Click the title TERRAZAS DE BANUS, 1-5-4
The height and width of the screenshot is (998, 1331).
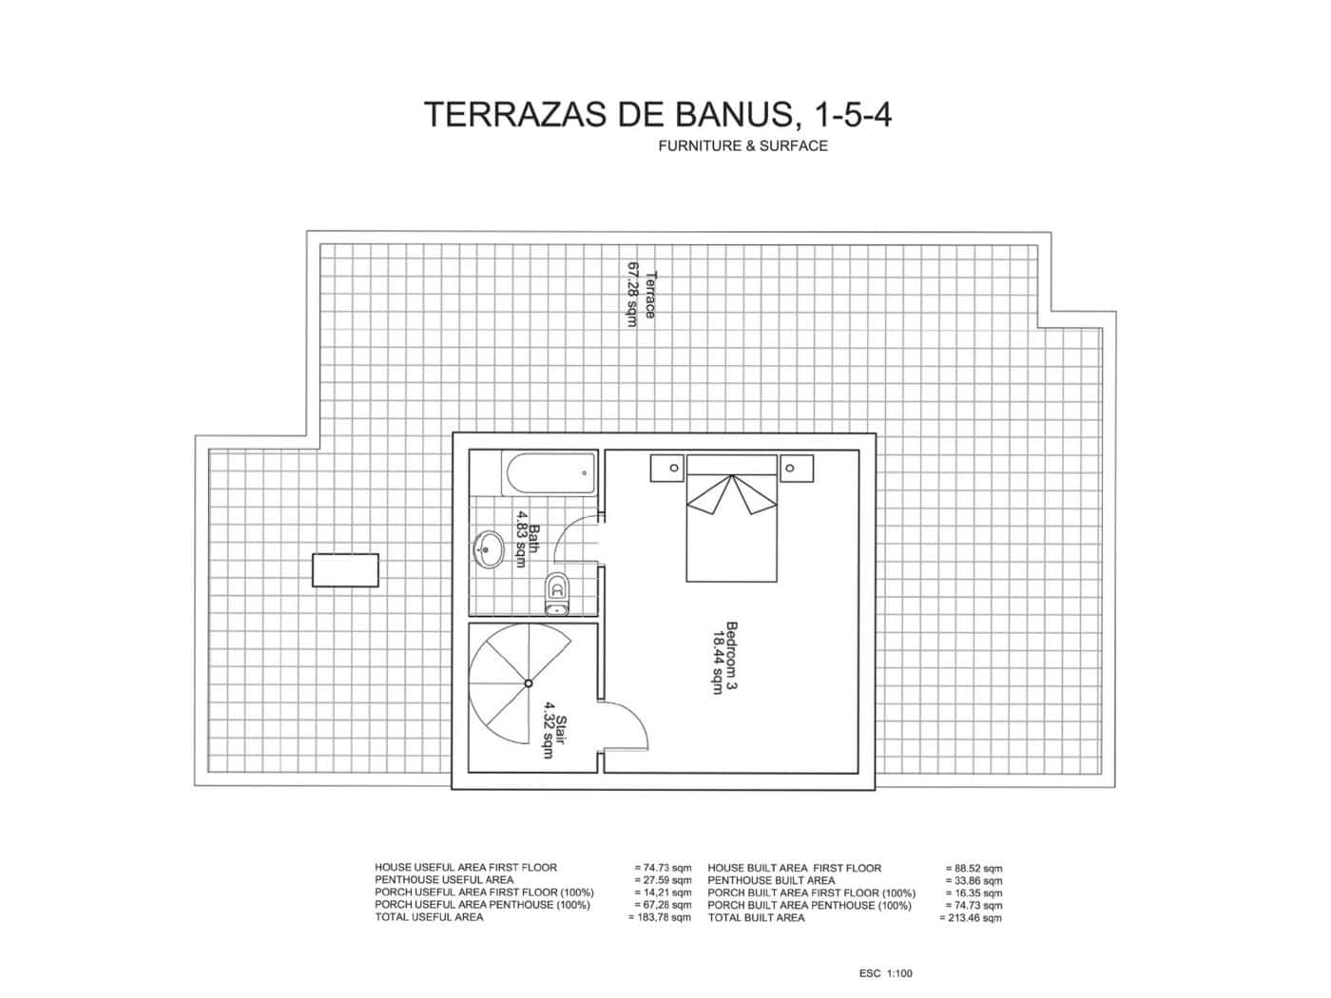[x=657, y=114]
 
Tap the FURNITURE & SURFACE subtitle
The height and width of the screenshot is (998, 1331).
[x=743, y=146]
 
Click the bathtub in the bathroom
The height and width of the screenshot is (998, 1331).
[x=549, y=473]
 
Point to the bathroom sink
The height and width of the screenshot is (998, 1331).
[x=490, y=549]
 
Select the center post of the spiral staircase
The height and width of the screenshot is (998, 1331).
[x=528, y=682]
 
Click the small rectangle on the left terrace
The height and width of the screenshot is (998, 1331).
[x=346, y=570]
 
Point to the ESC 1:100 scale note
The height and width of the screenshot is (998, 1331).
[x=885, y=973]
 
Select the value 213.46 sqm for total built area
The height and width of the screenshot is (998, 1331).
[x=971, y=918]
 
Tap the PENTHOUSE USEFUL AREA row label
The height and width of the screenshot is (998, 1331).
[x=444, y=880]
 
